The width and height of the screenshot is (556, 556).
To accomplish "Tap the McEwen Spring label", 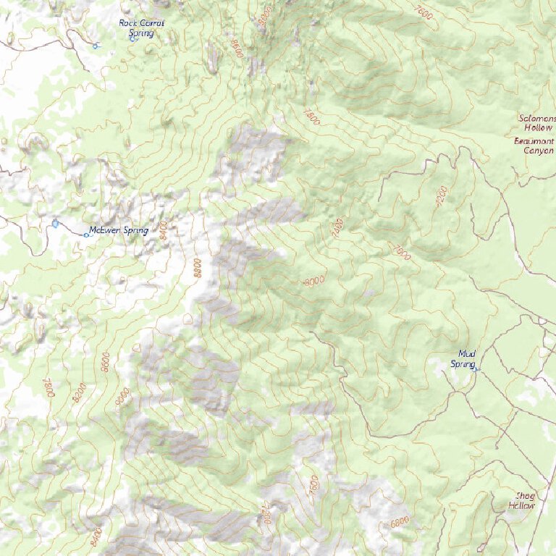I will (117, 231).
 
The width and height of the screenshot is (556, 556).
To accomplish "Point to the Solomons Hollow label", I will (538, 122).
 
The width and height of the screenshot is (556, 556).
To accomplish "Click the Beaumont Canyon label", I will (534, 146).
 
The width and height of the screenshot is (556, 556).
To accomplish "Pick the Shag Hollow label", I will (525, 500).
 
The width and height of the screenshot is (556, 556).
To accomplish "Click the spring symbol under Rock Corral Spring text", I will (132, 38).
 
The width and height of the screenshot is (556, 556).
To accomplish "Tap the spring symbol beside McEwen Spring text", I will (87, 235).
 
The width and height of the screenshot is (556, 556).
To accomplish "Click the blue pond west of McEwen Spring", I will (56, 223).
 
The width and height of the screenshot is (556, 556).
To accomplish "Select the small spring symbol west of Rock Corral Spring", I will (96, 46).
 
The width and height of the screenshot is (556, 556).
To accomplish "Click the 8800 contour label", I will (197, 268).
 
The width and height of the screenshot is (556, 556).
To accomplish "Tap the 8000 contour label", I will (314, 280).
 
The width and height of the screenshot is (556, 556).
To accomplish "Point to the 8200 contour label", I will (80, 392).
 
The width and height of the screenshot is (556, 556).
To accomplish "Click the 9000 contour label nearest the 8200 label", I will (121, 397).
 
